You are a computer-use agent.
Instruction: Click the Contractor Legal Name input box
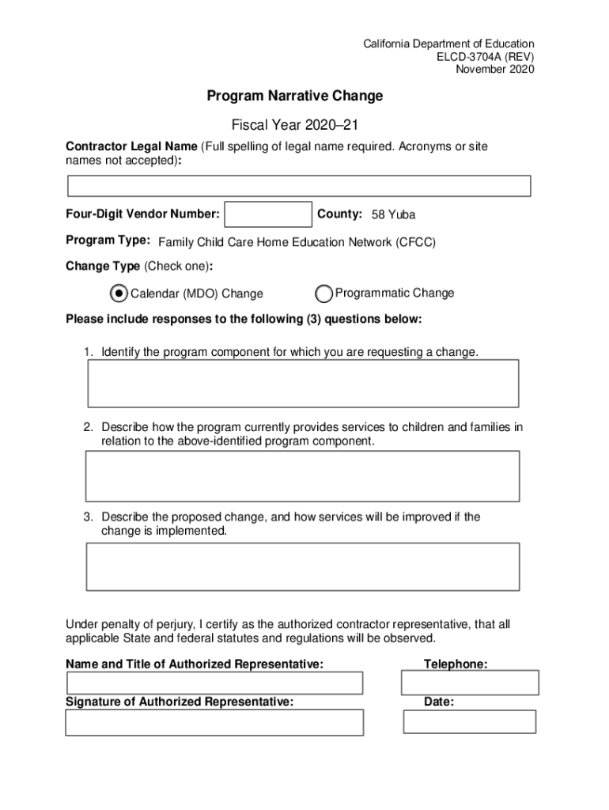[x=299, y=186]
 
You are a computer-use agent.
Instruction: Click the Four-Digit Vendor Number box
[x=268, y=214]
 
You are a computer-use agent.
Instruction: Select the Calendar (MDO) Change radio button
[x=118, y=293]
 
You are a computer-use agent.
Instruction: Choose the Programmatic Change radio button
[x=323, y=293]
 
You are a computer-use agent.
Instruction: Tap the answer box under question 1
[x=302, y=384]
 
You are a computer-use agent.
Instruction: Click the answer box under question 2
[x=302, y=475]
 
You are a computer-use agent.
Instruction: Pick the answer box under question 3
[x=302, y=566]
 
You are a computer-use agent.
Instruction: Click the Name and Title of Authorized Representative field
[x=214, y=683]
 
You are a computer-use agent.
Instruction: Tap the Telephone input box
[x=470, y=683]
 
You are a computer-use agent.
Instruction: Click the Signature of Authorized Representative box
[x=214, y=722]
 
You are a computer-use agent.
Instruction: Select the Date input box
[x=470, y=721]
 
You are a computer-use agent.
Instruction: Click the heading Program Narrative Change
[x=295, y=97]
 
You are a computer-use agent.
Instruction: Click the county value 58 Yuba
[x=393, y=215]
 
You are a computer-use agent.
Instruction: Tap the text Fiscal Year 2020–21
[x=295, y=125]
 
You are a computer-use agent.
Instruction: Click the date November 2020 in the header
[x=495, y=69]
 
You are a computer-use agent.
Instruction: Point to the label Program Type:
[x=108, y=240]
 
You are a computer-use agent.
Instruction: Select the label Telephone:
[x=456, y=664]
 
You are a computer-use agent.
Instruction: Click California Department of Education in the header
[x=448, y=44]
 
